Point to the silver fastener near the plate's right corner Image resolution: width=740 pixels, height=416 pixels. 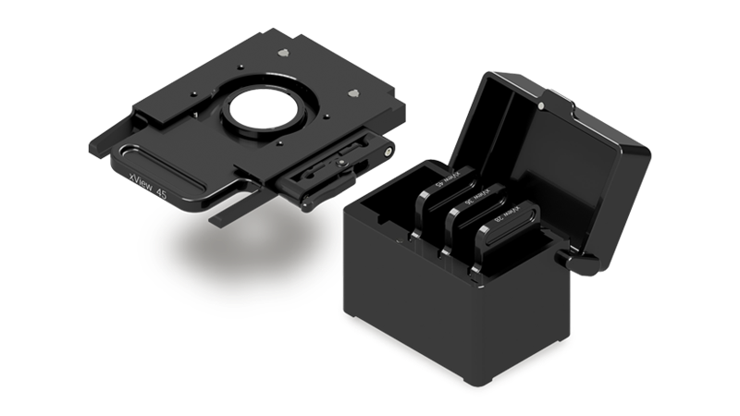354,93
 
